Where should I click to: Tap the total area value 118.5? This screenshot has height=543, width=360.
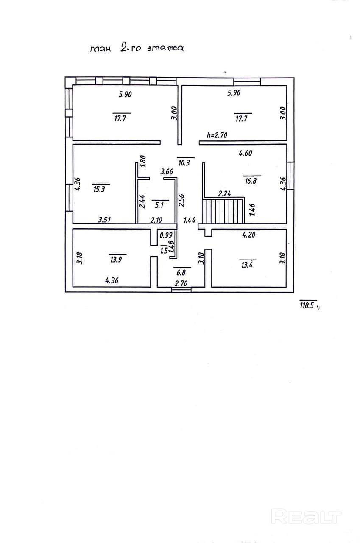coord(308,305)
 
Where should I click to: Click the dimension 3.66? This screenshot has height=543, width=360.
coord(166,172)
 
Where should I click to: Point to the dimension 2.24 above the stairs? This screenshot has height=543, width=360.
coord(224,194)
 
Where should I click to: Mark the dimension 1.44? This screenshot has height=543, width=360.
coord(189,220)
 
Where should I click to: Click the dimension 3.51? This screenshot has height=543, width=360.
coord(105,220)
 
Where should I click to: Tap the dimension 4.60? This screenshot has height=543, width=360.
coord(246,154)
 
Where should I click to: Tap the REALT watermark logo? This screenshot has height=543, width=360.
coord(306,517)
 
